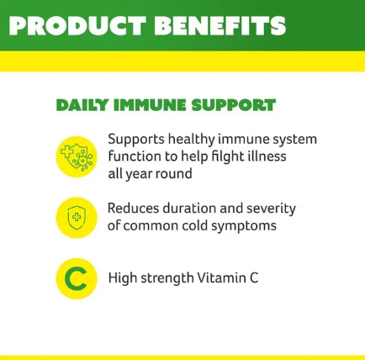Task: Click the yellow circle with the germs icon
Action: coord(77,156)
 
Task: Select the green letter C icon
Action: coord(77,278)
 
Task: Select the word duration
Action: coord(191,208)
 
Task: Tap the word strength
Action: coord(171,278)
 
